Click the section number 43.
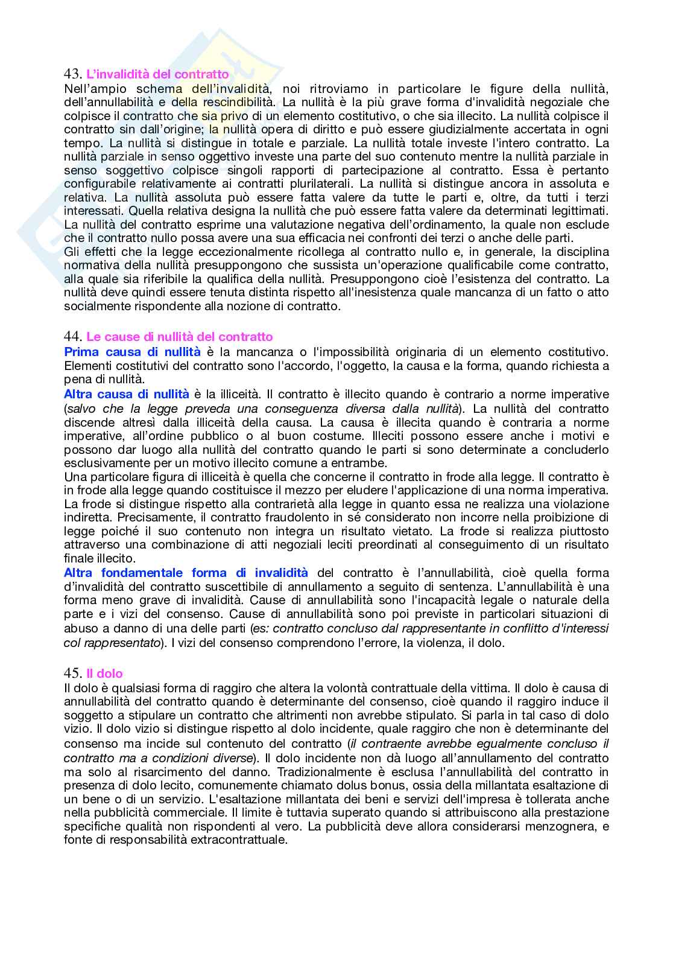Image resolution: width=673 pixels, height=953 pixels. (x=72, y=74)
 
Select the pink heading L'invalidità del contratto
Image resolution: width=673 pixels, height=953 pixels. (x=157, y=74)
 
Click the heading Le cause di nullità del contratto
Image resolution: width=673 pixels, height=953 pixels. (x=179, y=337)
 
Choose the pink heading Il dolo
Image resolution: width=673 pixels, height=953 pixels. (x=104, y=673)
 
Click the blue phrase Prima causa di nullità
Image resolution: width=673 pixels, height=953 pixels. (x=132, y=352)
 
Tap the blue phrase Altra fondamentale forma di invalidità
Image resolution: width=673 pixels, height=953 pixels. (x=186, y=573)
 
